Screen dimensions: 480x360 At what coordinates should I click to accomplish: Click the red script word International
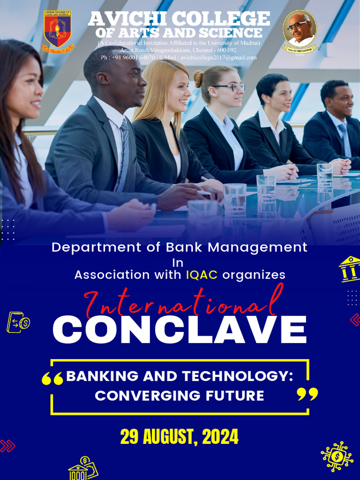point(183,303)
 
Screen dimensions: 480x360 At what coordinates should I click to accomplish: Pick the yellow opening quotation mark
point(52,379)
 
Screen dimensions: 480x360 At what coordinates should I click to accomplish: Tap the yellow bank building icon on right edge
point(350,269)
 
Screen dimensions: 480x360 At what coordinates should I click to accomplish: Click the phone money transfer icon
point(18,322)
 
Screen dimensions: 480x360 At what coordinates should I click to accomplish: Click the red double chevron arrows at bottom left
point(7,446)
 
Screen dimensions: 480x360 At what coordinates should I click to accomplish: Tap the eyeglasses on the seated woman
point(231,87)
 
